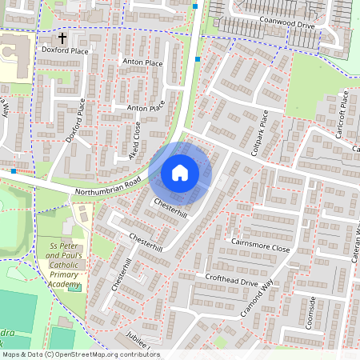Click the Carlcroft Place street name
[x=343, y=114]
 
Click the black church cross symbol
[x=62, y=37]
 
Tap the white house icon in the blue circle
[x=180, y=173]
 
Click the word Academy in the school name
[x=64, y=283]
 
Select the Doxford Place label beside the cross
[x=66, y=50]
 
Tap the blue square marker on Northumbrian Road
[x=14, y=170]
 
